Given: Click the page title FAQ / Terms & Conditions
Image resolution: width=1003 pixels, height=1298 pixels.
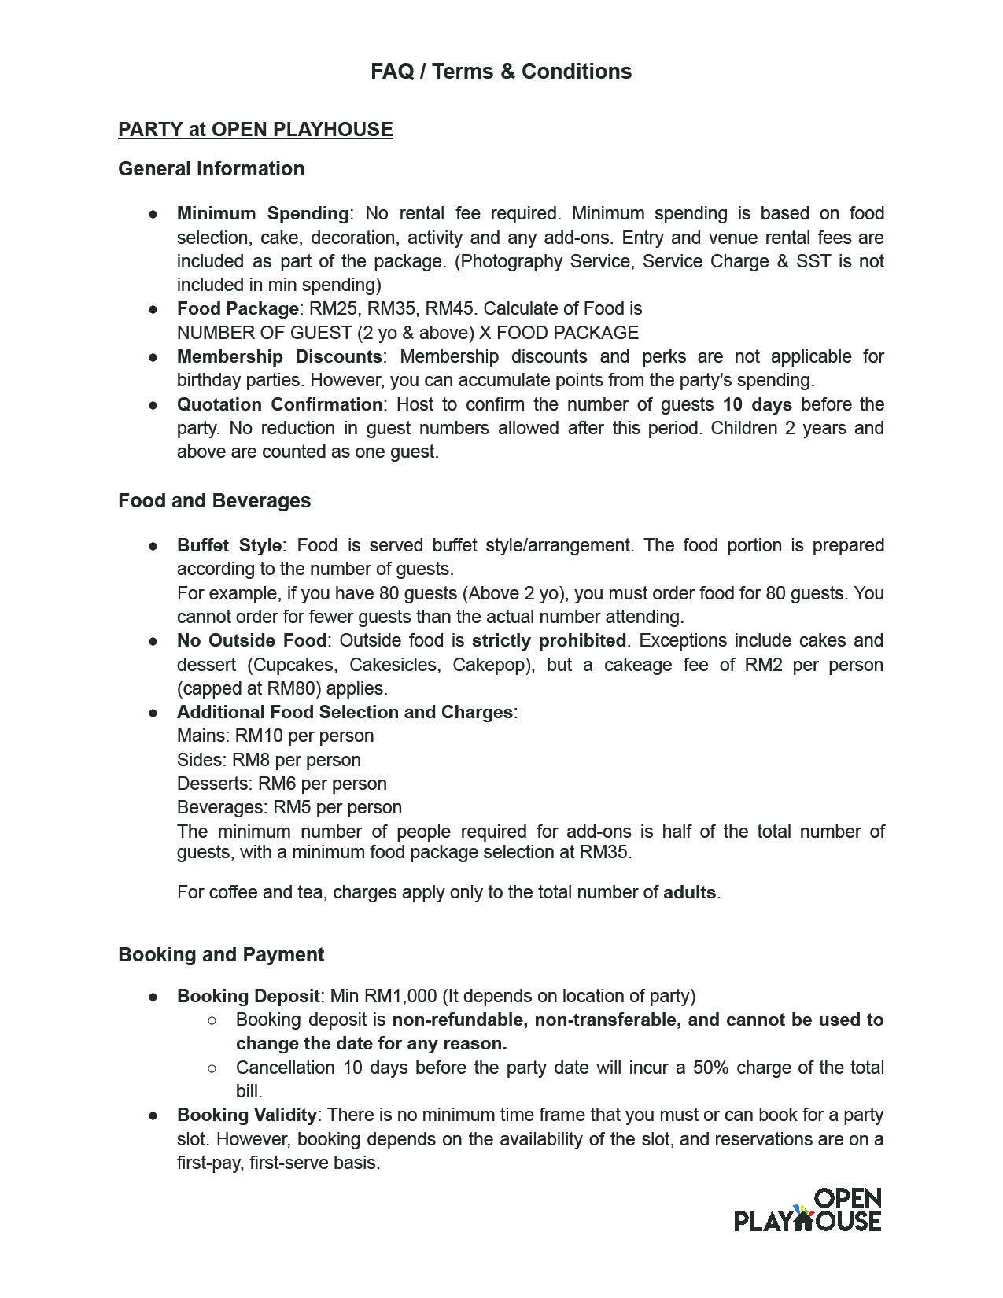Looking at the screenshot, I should (501, 72).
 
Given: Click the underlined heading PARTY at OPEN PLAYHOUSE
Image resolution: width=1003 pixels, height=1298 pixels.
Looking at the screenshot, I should (255, 130).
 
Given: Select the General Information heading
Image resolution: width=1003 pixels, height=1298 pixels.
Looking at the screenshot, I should (211, 169).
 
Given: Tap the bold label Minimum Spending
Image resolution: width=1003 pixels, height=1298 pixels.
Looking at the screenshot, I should (263, 214).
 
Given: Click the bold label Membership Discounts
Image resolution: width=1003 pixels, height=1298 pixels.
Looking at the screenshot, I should (279, 357).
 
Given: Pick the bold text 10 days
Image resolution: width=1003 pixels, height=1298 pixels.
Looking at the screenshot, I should (757, 404).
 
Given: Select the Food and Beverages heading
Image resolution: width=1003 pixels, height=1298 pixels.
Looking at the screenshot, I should (214, 501).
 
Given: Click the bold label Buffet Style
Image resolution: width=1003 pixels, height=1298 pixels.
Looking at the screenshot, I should (229, 546).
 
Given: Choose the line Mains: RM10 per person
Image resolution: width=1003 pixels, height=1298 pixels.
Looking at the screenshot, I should (275, 736).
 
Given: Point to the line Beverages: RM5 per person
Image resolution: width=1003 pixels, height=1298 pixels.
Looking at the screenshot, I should (289, 808).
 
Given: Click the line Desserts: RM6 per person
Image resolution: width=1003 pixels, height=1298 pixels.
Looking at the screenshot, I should (282, 784).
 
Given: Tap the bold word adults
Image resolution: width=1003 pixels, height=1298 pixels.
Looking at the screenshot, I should (689, 893).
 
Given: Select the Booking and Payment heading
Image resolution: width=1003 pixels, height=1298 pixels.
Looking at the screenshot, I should (221, 955).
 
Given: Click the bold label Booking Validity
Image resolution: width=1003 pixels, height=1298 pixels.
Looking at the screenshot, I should (246, 1115).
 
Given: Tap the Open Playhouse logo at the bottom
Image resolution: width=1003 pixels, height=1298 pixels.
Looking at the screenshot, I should (808, 1210).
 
